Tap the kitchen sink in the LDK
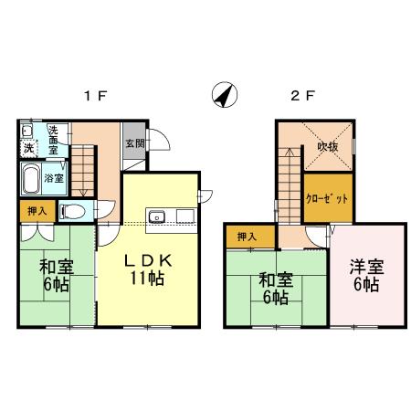tap(158, 216)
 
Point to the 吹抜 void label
tap(328, 145)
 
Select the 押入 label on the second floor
tap(247, 237)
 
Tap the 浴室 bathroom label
tap(55, 177)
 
